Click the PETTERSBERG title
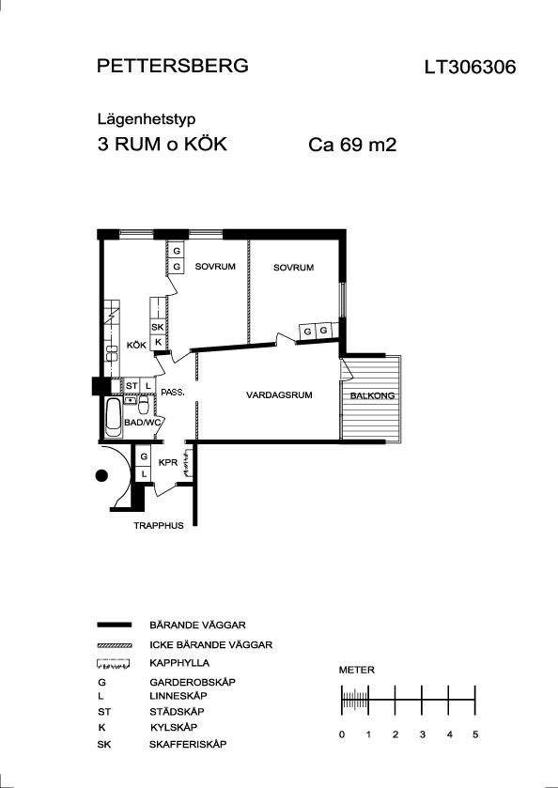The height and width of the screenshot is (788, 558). point(173,66)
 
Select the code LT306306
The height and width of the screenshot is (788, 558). point(470,68)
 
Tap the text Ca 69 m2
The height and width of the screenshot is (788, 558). point(352,145)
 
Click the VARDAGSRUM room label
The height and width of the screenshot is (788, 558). point(279,395)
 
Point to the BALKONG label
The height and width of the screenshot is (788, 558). point(372,396)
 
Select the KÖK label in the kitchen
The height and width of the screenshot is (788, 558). point(136,346)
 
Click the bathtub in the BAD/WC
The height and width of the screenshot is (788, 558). point(113,418)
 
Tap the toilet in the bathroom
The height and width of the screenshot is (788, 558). point(144,405)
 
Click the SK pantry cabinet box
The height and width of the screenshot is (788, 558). point(157,327)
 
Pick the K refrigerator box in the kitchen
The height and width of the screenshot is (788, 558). point(157,342)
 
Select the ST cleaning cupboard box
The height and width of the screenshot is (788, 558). point(132,385)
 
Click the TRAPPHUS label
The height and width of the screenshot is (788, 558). point(159,526)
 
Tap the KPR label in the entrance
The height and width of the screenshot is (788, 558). point(168,462)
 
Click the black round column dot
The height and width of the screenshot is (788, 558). point(101,475)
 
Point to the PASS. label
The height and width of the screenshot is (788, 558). point(173,393)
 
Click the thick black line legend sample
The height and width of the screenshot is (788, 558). point(114,625)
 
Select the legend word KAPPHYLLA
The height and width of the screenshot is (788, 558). point(179,663)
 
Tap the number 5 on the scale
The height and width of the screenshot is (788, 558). point(475,734)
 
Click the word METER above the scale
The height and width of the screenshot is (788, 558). point(356,670)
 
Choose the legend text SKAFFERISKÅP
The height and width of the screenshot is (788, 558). point(188,744)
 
